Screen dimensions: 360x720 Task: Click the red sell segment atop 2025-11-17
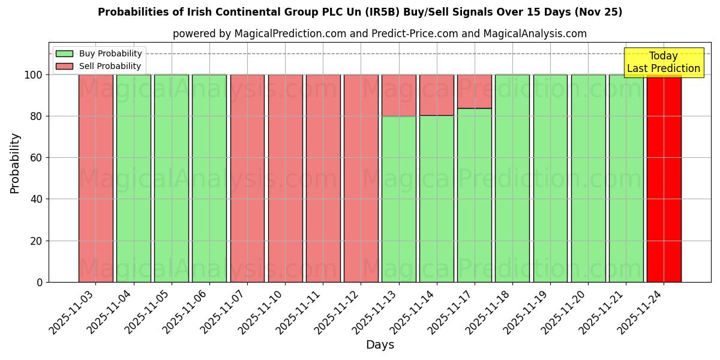click(x=474, y=91)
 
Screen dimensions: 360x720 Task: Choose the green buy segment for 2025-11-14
click(x=436, y=198)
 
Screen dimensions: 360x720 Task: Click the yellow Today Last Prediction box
click(x=664, y=62)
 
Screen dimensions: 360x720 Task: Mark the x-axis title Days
click(x=380, y=345)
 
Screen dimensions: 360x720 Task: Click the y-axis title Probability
click(x=15, y=163)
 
